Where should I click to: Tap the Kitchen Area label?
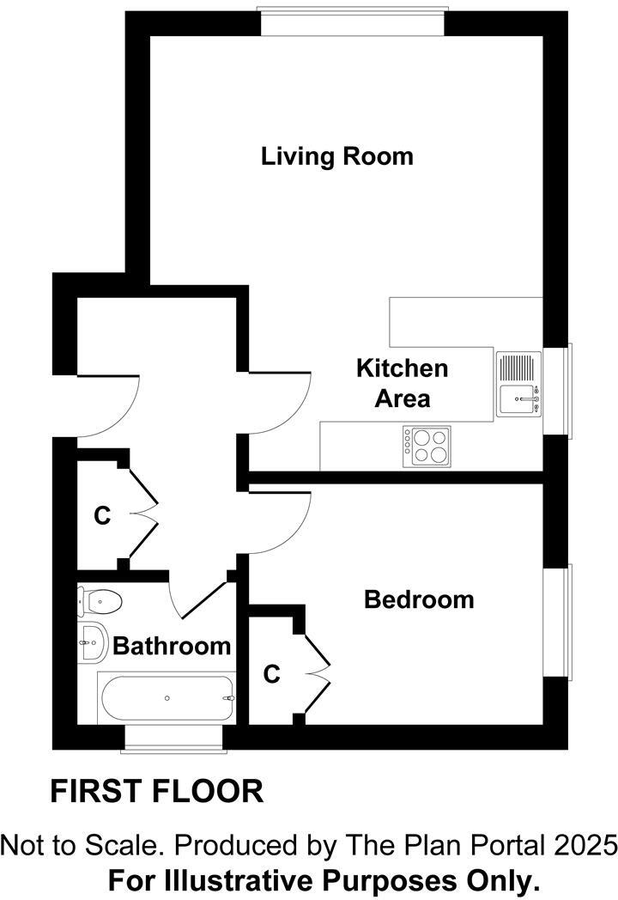402,383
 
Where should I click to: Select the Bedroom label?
419,599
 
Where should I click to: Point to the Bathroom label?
172,646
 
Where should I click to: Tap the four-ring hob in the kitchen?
427,446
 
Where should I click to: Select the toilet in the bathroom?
100,600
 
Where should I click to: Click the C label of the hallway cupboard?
102,516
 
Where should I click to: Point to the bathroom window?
173,738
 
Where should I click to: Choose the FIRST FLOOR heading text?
156,791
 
